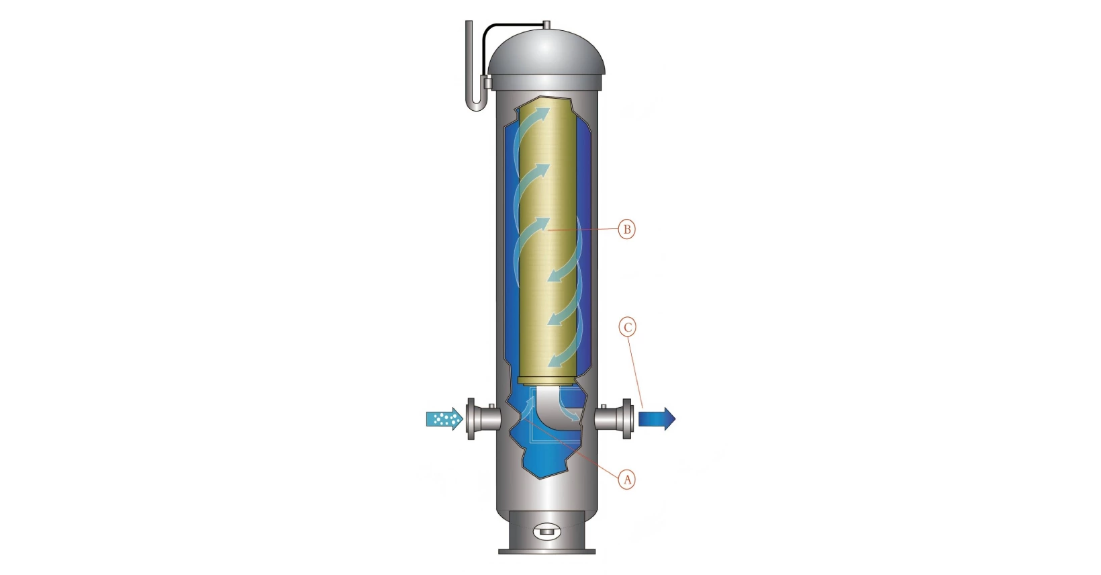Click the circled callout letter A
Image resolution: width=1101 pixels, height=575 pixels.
(x=626, y=480)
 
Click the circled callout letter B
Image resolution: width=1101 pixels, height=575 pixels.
(x=626, y=229)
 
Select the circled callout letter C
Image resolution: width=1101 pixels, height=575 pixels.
(x=627, y=327)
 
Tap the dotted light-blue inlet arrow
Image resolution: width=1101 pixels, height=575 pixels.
(x=444, y=419)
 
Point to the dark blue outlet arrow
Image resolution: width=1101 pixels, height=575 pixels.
(x=657, y=419)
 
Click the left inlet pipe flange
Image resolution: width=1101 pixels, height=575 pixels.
(x=471, y=419)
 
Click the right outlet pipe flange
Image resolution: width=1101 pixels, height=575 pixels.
(x=627, y=419)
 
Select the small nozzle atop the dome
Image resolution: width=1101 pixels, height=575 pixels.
(x=546, y=25)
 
